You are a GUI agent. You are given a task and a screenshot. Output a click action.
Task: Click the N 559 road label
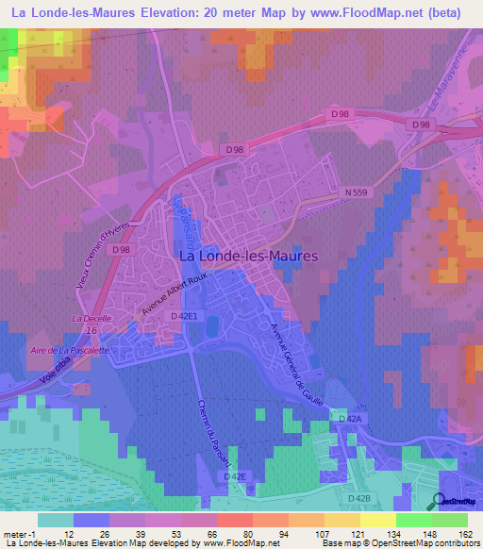coord(354,192)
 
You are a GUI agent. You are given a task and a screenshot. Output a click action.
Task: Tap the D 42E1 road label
coord(185,316)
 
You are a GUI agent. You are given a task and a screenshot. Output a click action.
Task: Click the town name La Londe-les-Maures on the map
coord(248,255)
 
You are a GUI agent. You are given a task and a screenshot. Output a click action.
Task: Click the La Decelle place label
coord(92,319)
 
